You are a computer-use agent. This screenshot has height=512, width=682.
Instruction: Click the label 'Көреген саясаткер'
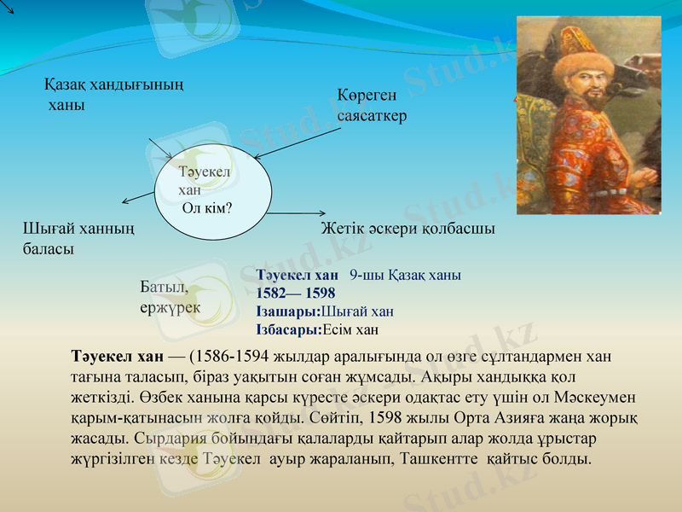click(373, 105)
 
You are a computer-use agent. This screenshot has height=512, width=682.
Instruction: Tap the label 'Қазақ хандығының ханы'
click(115, 95)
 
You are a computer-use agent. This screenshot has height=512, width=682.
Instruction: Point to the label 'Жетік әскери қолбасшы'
click(407, 229)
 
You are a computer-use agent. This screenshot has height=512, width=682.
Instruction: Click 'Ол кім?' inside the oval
click(207, 207)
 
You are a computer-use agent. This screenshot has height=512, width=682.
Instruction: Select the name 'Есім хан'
click(351, 329)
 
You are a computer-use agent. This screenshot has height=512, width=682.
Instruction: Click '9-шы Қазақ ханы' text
click(405, 276)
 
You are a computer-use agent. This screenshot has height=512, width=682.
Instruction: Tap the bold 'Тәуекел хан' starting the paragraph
click(118, 355)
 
